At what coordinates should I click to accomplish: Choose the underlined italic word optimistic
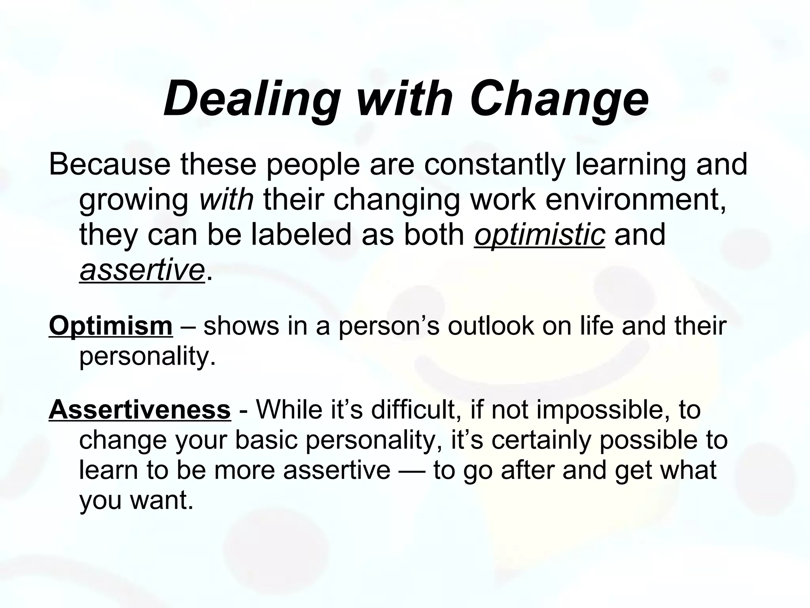pos(539,235)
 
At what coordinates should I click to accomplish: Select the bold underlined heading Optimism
pos(111,326)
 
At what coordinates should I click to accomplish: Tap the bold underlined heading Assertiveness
pos(140,410)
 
